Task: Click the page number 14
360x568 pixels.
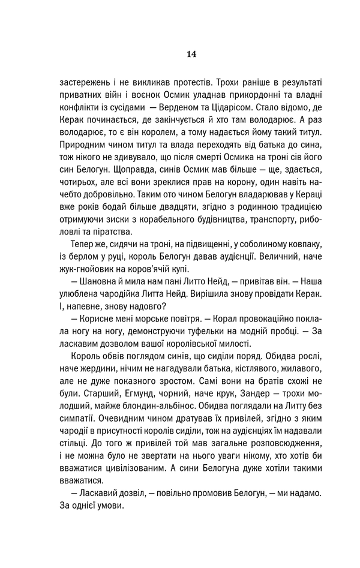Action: coord(191,53)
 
